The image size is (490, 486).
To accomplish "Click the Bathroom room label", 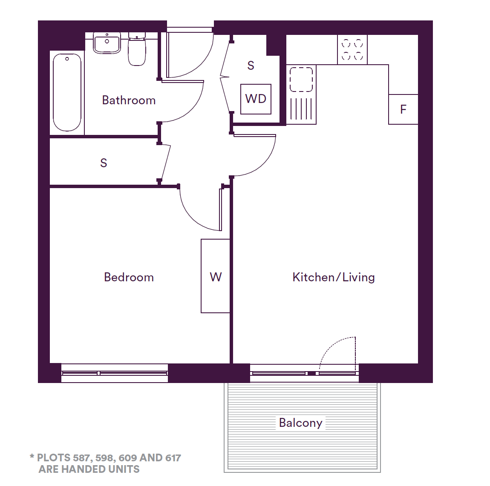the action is coord(129,100).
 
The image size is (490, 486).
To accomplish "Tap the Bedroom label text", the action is coord(129,277).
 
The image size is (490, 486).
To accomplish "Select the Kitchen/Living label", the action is coord(334,277).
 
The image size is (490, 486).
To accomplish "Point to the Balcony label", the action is coord(301,423).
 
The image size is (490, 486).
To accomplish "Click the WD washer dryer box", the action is coord(256,99).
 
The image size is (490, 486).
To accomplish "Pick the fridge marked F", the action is coord(403,109).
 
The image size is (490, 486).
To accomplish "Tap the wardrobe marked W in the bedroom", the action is coord(215,276).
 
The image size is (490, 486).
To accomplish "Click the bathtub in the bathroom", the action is coord(67,92).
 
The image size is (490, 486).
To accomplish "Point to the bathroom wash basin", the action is coord(107,43).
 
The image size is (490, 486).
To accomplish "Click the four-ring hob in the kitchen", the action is coord(352,50).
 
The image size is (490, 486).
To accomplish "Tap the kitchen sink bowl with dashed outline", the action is coord(301,79).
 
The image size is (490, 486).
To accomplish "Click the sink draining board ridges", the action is coord(301,109).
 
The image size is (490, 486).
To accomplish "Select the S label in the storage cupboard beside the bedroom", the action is coord(104,163).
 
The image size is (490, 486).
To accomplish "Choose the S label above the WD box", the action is coord(251,66).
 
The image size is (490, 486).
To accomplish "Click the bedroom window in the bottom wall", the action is coord(115,373).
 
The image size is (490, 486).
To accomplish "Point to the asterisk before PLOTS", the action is coord(32,457).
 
